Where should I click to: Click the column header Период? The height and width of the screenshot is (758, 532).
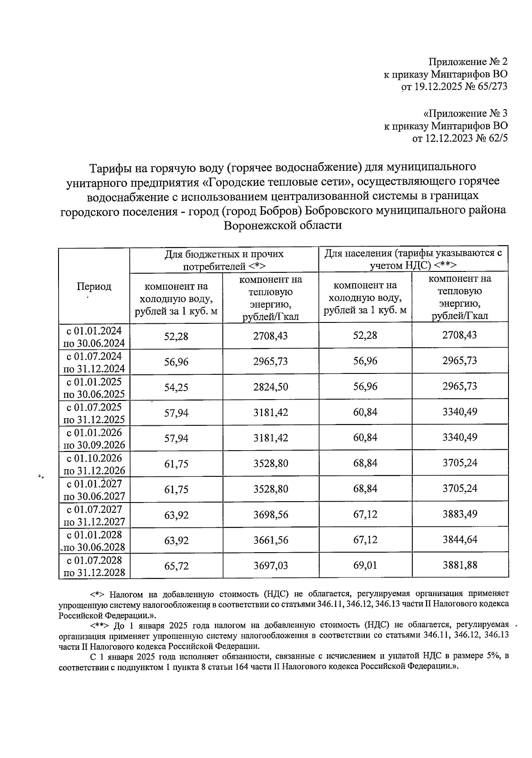tap(94, 287)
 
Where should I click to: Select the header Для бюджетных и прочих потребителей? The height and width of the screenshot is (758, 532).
tap(224, 260)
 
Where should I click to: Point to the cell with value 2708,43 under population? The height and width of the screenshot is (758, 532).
tap(459, 335)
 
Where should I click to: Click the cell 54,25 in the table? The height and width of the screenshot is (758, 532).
tap(176, 387)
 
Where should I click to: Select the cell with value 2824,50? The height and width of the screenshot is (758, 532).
tap(270, 387)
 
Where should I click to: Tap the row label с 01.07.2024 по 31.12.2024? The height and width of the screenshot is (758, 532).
tap(94, 362)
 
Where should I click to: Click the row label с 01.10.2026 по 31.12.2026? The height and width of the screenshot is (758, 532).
tap(94, 464)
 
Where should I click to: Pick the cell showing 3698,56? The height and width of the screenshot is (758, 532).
tap(270, 514)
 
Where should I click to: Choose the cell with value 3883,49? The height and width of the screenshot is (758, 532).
tap(459, 514)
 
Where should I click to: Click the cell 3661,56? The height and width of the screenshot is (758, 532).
tap(270, 540)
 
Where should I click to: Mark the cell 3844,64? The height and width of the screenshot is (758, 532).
tap(459, 540)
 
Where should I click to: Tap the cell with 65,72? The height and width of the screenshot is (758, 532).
tap(176, 566)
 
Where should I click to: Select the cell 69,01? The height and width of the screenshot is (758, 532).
tap(365, 566)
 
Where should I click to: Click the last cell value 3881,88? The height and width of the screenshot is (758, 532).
tap(459, 565)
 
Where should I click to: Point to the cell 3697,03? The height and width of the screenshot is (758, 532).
tap(270, 566)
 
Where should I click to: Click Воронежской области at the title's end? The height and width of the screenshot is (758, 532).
tap(283, 225)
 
